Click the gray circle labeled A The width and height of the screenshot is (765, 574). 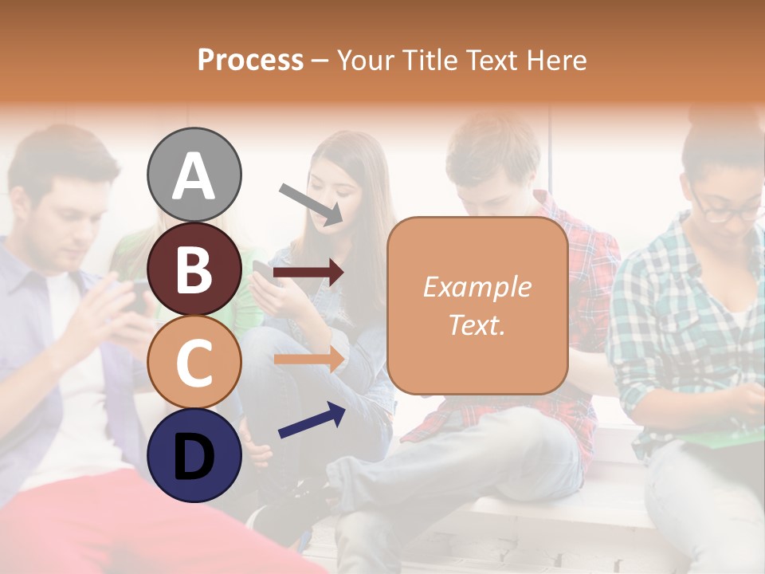click(194, 175)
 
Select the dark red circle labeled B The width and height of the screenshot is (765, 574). click(194, 269)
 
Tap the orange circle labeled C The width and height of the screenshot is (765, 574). click(194, 362)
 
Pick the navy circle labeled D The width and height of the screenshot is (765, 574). click(194, 455)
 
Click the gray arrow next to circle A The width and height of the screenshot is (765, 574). click(310, 203)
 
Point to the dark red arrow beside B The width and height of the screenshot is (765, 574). click(308, 273)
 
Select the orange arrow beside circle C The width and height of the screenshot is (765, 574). click(308, 360)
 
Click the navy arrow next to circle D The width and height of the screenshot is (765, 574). click(312, 420)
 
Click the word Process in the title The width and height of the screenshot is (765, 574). click(250, 60)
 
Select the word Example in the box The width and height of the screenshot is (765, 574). click(477, 287)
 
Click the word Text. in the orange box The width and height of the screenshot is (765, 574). click(477, 324)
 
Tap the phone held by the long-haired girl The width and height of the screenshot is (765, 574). click(262, 271)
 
